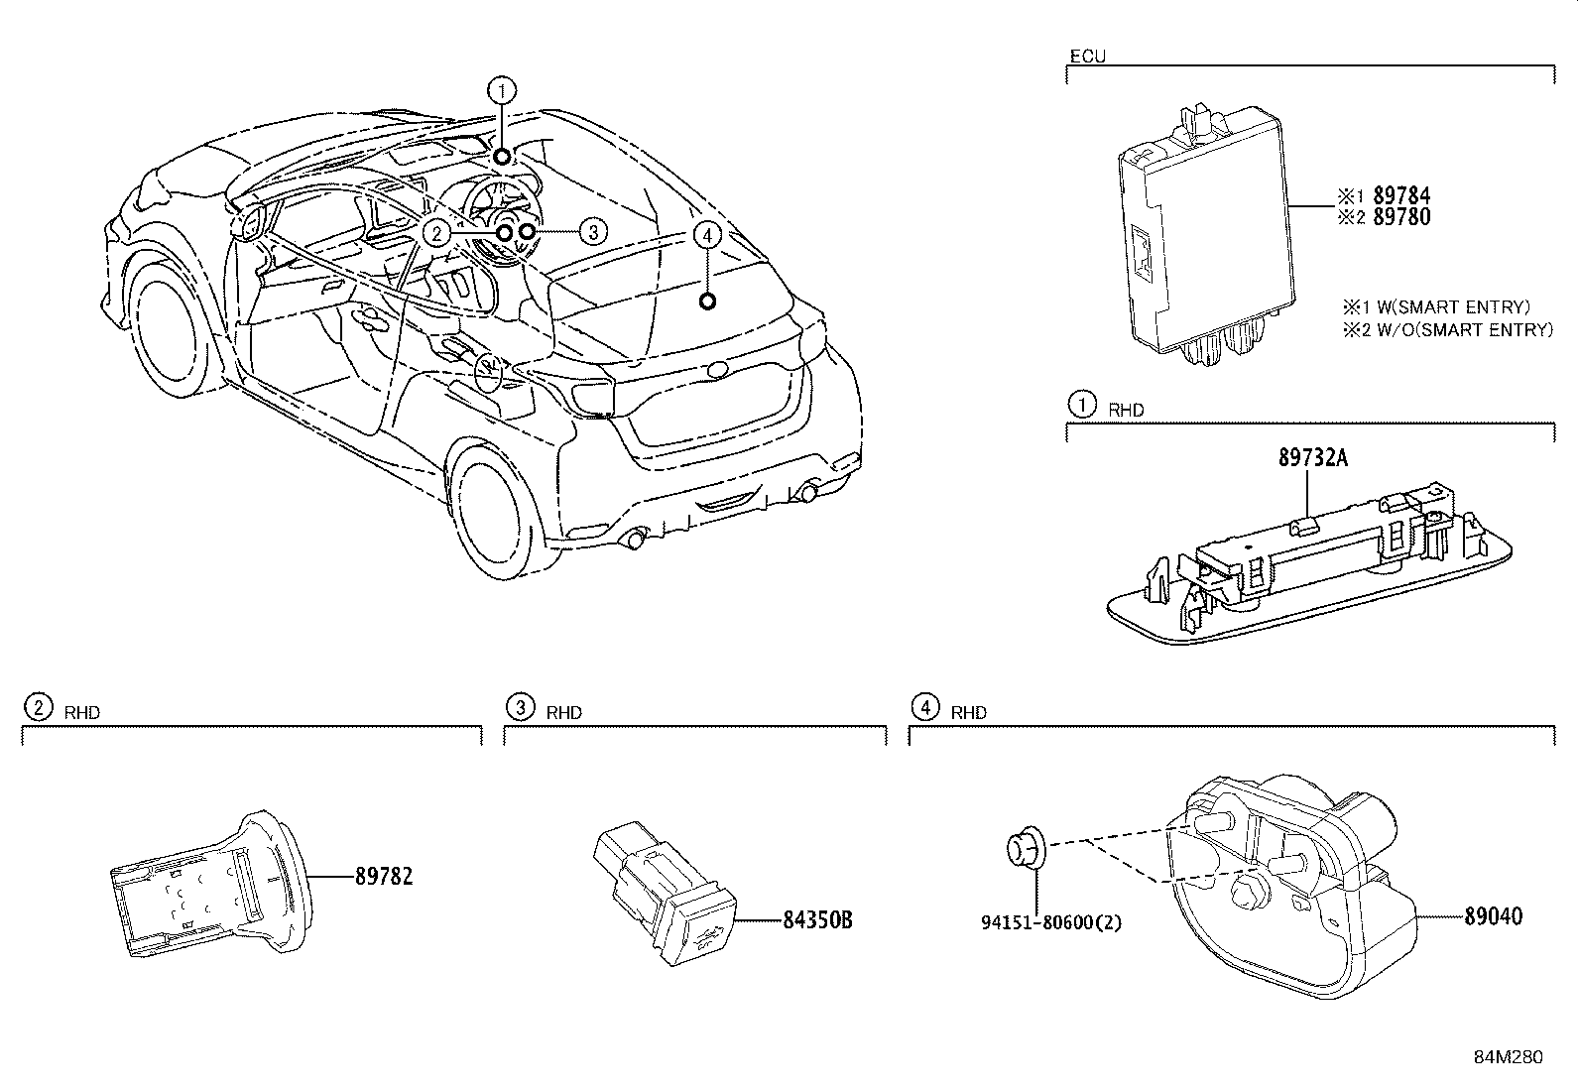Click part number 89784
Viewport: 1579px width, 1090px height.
pyautogui.click(x=1400, y=196)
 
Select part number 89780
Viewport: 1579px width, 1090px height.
pyautogui.click(x=1400, y=217)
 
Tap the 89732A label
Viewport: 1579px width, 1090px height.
pyautogui.click(x=1313, y=458)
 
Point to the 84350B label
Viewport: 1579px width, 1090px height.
pyautogui.click(x=817, y=920)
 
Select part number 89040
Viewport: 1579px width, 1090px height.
pyautogui.click(x=1493, y=915)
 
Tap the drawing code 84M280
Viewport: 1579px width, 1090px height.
pyautogui.click(x=1508, y=1057)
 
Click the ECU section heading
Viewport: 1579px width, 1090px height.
pyautogui.click(x=1087, y=57)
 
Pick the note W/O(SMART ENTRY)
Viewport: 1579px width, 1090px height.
pyautogui.click(x=1457, y=330)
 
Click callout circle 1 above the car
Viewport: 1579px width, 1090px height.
pyautogui.click(x=503, y=91)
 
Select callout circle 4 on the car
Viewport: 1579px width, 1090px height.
pyautogui.click(x=706, y=235)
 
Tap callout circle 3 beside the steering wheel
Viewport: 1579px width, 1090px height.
pyautogui.click(x=591, y=232)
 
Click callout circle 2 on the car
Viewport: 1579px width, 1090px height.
pyautogui.click(x=436, y=233)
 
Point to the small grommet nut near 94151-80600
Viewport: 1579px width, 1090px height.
pyautogui.click(x=1022, y=851)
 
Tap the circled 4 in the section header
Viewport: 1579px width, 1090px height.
pyautogui.click(x=924, y=707)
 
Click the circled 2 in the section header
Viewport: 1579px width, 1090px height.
pyautogui.click(x=37, y=707)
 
